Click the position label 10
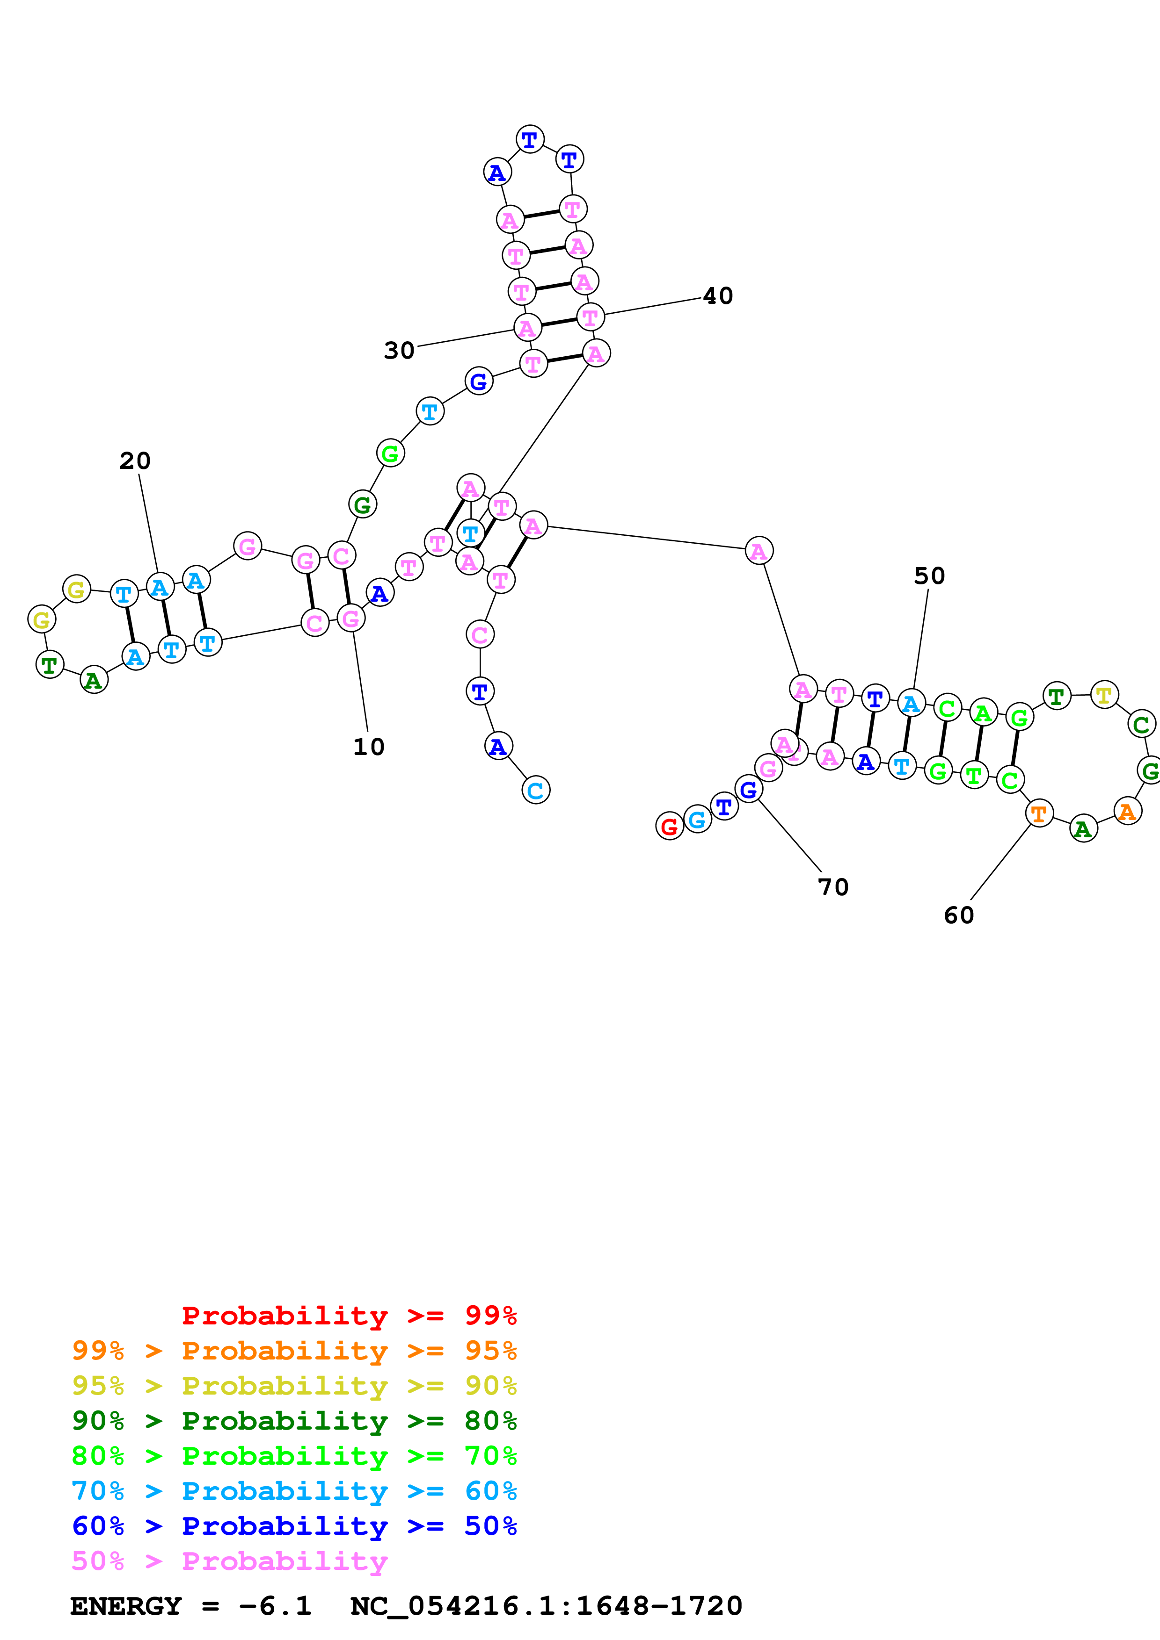pyautogui.click(x=369, y=747)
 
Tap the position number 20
pyautogui.click(x=135, y=460)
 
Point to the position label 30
pyautogui.click(x=399, y=351)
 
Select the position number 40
pyautogui.click(x=718, y=296)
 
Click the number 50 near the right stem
pyautogui.click(x=929, y=575)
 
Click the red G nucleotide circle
pyautogui.click(x=669, y=827)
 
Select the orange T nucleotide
pyautogui.click(x=1038, y=813)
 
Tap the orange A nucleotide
pyautogui.click(x=1127, y=812)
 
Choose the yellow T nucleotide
pyautogui.click(x=1104, y=694)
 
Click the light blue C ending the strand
pyautogui.click(x=535, y=790)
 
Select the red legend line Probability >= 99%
pyautogui.click(x=349, y=1316)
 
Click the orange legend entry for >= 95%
pyautogui.click(x=294, y=1351)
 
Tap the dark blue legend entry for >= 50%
pyautogui.click(x=294, y=1526)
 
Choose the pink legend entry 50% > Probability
pyautogui.click(x=229, y=1561)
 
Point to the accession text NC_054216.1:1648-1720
pyautogui.click(x=546, y=1606)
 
